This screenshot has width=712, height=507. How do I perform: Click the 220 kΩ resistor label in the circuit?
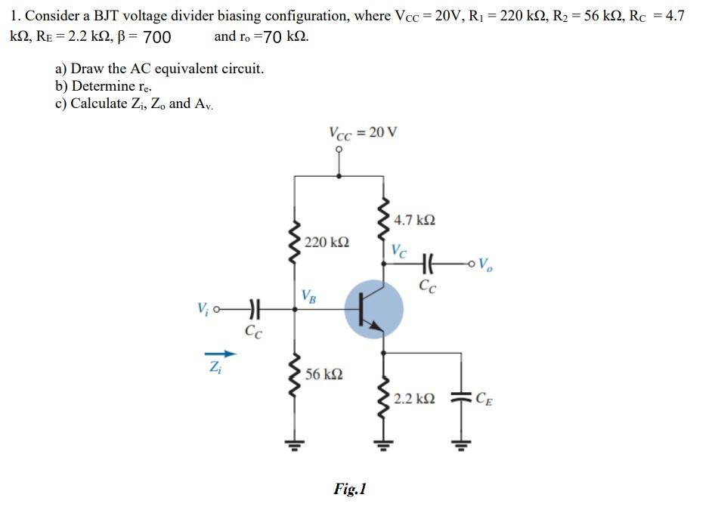[328, 242]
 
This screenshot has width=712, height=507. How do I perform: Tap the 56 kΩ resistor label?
[325, 374]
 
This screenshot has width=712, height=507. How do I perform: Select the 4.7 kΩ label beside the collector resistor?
[415, 220]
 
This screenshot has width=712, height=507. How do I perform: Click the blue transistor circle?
[374, 309]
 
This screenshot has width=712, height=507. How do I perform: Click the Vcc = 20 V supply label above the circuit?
[363, 132]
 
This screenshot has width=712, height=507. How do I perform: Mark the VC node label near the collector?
[401, 251]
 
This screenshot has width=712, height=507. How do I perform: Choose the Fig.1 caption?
[349, 489]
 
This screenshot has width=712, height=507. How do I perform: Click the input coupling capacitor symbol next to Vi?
[252, 309]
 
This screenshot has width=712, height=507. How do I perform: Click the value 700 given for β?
[153, 36]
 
